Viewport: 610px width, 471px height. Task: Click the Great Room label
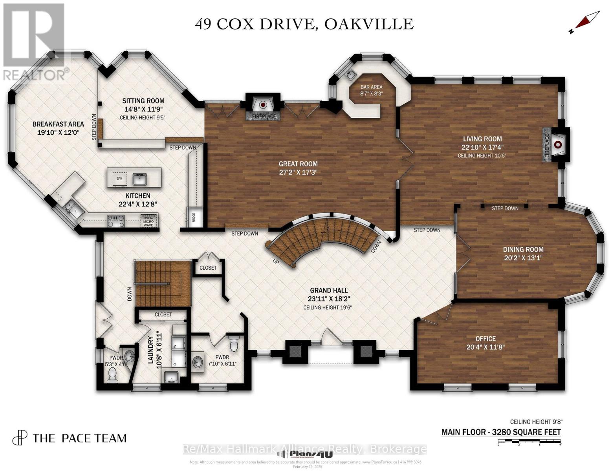pos(298,164)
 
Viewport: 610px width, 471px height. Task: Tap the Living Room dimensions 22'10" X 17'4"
pos(482,147)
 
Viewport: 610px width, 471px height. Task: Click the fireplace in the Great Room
pos(263,105)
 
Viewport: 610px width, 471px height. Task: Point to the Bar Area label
pos(371,87)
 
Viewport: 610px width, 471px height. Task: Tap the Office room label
pos(485,338)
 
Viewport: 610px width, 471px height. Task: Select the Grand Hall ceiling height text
pos(327,307)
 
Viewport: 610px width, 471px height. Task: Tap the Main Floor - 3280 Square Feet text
pos(501,432)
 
